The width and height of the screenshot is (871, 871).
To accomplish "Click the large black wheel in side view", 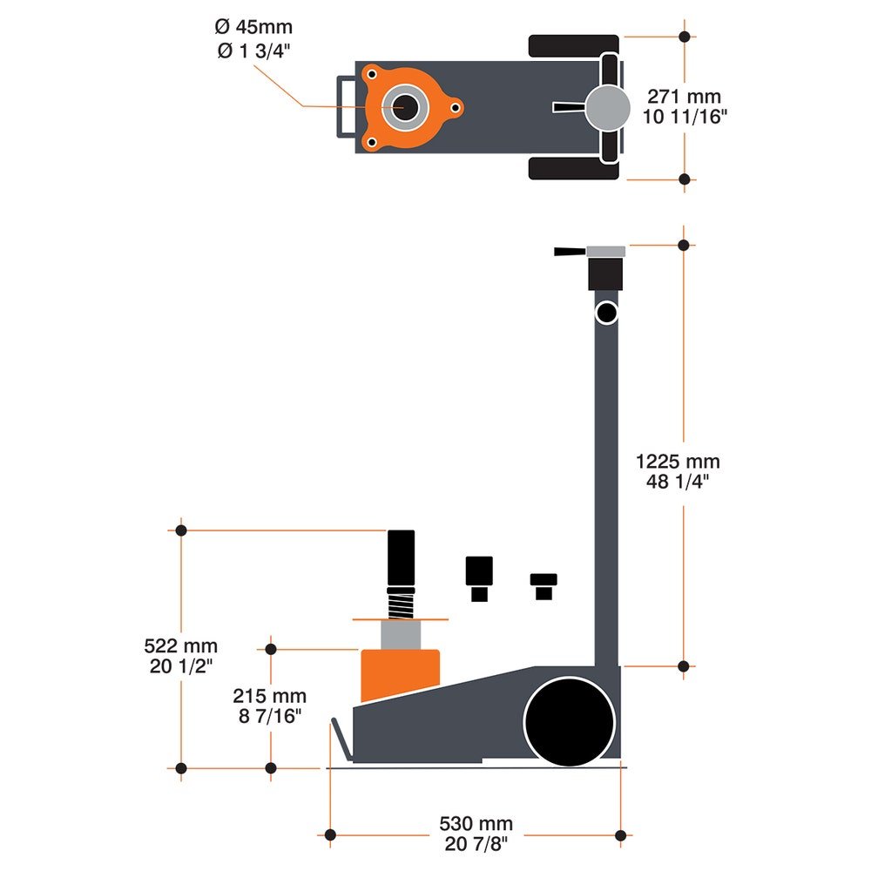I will tap(570, 721).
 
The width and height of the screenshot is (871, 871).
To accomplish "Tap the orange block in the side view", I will tap(401, 672).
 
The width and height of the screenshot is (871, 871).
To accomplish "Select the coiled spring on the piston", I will tap(401, 601).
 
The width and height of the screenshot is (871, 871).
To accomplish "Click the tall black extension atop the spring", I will tap(402, 557).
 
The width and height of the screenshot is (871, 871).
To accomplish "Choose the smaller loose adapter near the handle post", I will tap(544, 584).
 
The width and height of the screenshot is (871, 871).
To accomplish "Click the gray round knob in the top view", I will tap(607, 106).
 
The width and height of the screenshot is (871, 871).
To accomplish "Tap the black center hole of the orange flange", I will tap(404, 107).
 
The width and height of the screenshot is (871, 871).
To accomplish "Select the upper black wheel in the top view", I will tap(573, 47).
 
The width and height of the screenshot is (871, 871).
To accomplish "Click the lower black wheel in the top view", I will tap(573, 167).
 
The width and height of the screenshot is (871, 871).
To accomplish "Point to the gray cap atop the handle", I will tap(606, 252).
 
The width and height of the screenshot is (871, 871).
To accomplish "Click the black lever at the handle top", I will tap(570, 252).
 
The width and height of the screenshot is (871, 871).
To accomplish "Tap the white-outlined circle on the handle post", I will tap(606, 311).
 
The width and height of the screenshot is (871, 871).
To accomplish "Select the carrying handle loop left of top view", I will tap(346, 106).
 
